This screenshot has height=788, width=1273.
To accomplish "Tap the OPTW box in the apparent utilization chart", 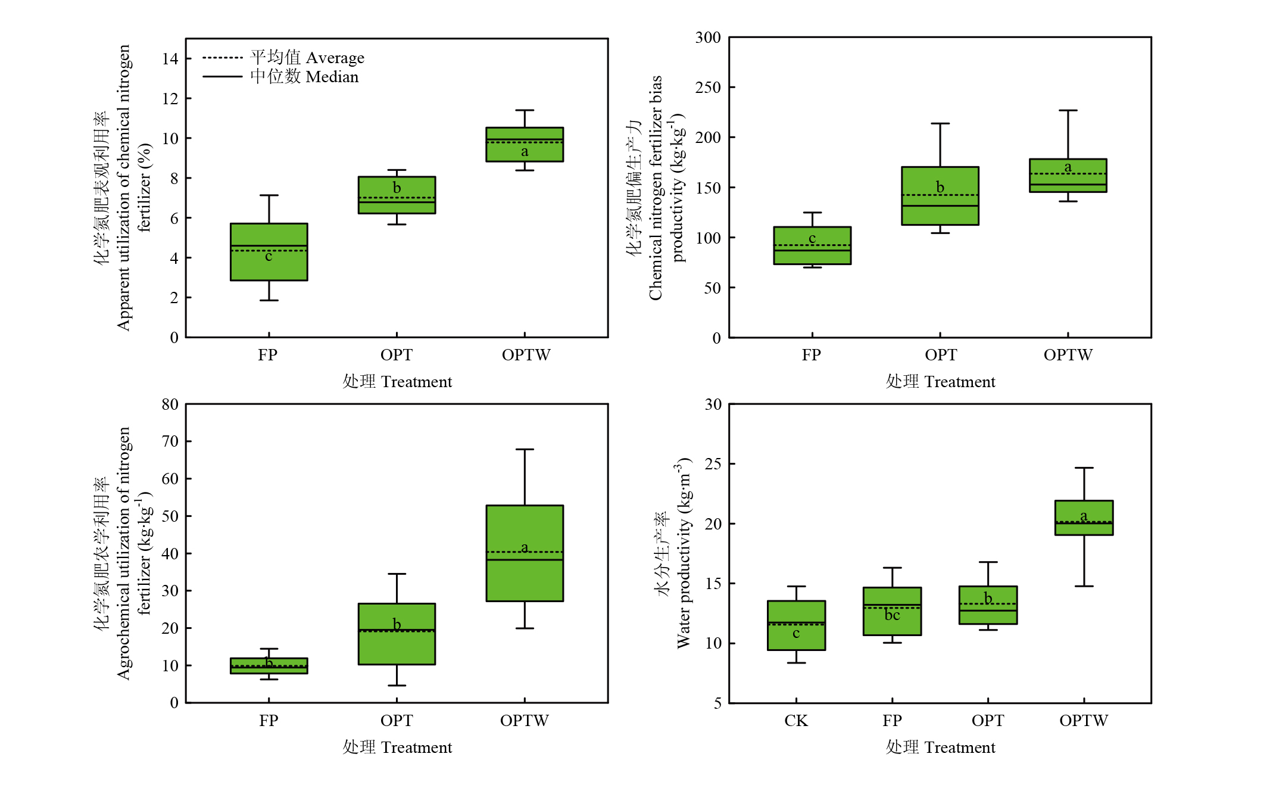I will pyautogui.click(x=525, y=145).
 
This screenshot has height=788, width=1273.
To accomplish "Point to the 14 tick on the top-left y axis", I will pyautogui.click(x=170, y=58).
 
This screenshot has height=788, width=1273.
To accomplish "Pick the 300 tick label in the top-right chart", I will pyautogui.click(x=708, y=38).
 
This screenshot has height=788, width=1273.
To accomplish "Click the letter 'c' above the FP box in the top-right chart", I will pyautogui.click(x=812, y=238).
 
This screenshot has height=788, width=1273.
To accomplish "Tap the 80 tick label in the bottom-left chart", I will pyautogui.click(x=170, y=404).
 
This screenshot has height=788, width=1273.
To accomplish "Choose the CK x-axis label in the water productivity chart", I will pyautogui.click(x=796, y=721).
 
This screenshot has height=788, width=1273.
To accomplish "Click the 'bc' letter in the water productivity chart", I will pyautogui.click(x=892, y=615).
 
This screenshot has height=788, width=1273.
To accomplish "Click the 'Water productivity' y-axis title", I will pyautogui.click(x=684, y=554).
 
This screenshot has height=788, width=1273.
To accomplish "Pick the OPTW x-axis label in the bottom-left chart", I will pyautogui.click(x=525, y=721).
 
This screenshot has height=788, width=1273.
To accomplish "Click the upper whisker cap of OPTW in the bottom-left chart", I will pyautogui.click(x=525, y=450).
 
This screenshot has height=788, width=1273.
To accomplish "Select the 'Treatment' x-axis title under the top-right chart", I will pyautogui.click(x=940, y=382).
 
